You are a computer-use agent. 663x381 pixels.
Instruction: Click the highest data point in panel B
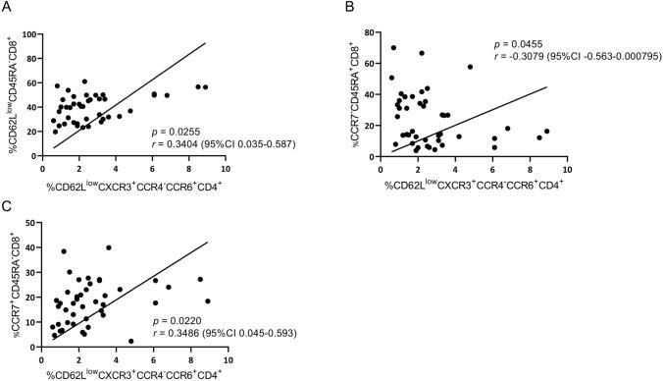click(393, 47)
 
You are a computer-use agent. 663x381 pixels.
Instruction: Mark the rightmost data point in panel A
click(205, 86)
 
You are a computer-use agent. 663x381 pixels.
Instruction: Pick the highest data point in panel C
click(109, 247)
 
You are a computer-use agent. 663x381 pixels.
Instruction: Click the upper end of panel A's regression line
click(204, 43)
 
